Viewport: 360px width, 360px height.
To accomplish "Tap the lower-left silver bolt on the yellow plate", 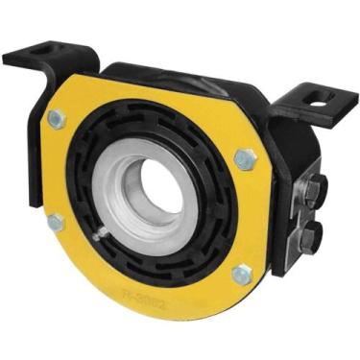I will [57, 223].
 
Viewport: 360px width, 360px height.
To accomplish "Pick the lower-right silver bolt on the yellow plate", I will [242, 275].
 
